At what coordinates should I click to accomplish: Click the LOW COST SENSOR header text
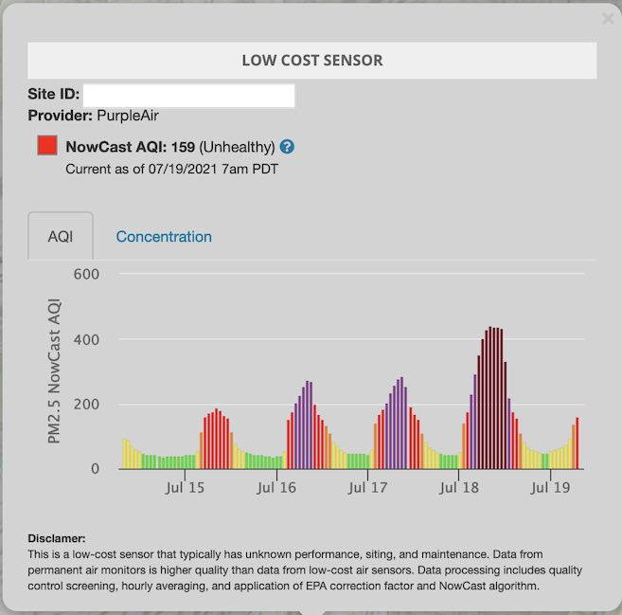[x=311, y=61]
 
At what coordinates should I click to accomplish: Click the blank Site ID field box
[x=189, y=96]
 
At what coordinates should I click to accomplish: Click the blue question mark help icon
[x=287, y=147]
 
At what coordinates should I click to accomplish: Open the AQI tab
[x=61, y=237]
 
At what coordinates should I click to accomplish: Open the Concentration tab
[x=164, y=237]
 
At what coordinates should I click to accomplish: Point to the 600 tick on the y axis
[x=87, y=274]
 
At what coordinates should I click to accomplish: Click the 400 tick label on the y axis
[x=87, y=339]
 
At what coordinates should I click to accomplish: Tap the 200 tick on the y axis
[x=87, y=405]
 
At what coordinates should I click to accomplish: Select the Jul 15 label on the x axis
[x=184, y=488]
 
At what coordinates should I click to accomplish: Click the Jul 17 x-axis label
[x=367, y=488]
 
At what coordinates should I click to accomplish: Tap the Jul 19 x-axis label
[x=551, y=488]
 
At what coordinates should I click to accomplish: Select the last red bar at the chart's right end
[x=577, y=443]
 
